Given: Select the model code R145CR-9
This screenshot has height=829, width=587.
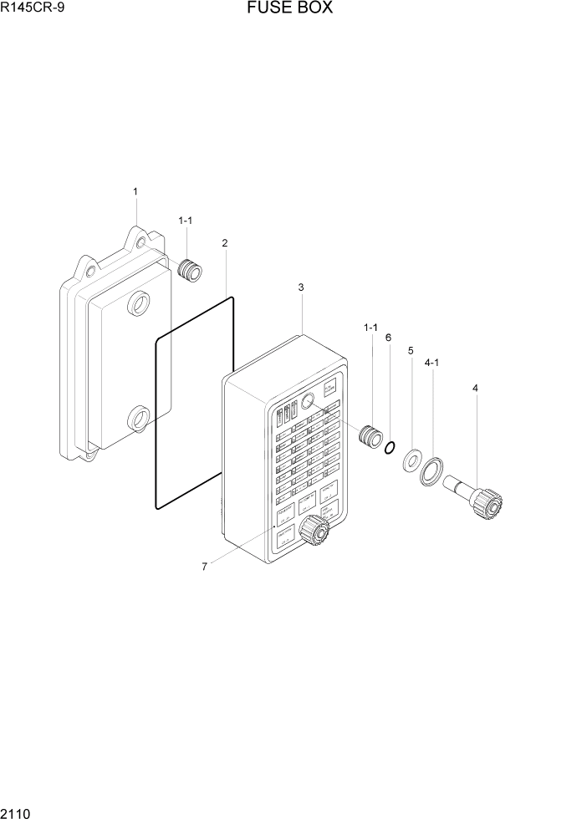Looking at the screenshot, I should click(33, 10).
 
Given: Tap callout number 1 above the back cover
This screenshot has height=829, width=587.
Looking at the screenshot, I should click(135, 192).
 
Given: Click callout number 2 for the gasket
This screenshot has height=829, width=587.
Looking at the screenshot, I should click(225, 243).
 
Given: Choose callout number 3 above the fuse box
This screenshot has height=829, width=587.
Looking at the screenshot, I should click(301, 287).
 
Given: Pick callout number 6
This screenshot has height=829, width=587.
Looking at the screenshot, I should click(388, 338).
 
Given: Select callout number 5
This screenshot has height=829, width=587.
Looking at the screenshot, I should click(411, 351).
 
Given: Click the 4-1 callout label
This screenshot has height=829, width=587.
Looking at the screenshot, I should click(433, 364).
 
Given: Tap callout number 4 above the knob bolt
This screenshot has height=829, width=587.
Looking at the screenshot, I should click(475, 388).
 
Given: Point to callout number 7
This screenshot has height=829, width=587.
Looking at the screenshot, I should click(204, 567).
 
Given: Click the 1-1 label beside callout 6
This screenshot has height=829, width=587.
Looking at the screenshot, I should click(370, 328).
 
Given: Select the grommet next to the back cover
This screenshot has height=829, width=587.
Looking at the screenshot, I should click(191, 270).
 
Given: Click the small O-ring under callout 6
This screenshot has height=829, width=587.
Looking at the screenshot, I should click(389, 449).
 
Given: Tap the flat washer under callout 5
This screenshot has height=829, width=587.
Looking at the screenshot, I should click(411, 460).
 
